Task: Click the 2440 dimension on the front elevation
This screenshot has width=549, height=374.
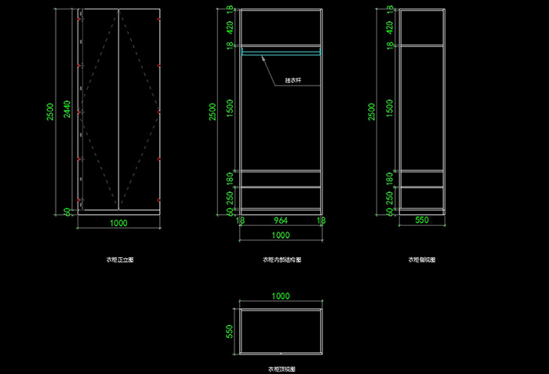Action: click(x=67, y=109)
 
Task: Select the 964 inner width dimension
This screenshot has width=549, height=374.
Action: click(x=280, y=221)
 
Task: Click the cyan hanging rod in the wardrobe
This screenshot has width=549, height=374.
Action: click(x=280, y=53)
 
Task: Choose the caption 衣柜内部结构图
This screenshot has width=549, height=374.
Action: click(x=282, y=260)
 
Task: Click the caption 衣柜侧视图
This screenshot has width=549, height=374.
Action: click(x=422, y=259)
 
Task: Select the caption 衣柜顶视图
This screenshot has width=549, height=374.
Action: click(x=282, y=368)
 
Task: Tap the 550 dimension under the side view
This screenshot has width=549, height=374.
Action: click(x=422, y=221)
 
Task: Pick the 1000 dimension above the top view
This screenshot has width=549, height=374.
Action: click(x=280, y=298)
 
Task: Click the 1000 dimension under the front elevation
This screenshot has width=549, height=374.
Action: click(x=119, y=223)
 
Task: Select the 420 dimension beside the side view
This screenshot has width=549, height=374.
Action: click(x=390, y=27)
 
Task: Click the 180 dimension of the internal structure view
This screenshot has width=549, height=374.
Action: click(x=231, y=178)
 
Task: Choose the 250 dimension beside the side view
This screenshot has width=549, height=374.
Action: click(x=390, y=198)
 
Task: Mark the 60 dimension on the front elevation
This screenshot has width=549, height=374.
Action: click(x=67, y=211)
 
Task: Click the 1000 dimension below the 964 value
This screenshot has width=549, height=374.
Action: click(x=280, y=234)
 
